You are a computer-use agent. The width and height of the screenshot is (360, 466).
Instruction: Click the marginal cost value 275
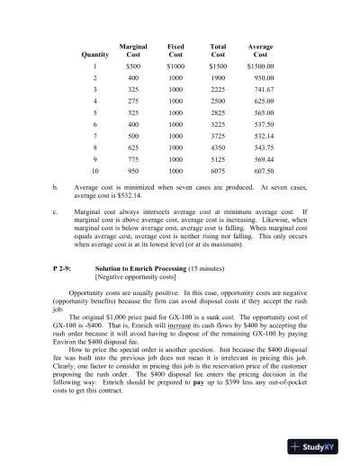click(x=133, y=103)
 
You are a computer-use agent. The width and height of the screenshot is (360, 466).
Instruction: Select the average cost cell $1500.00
click(x=260, y=67)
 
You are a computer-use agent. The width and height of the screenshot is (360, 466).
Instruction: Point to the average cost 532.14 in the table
click(x=265, y=132)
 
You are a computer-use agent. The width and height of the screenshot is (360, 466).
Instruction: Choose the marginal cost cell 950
click(x=133, y=169)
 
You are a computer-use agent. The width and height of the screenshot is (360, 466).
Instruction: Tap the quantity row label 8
click(x=94, y=143)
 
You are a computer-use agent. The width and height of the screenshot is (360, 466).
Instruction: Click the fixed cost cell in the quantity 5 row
click(x=175, y=116)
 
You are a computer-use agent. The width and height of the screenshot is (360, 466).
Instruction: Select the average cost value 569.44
click(x=265, y=156)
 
